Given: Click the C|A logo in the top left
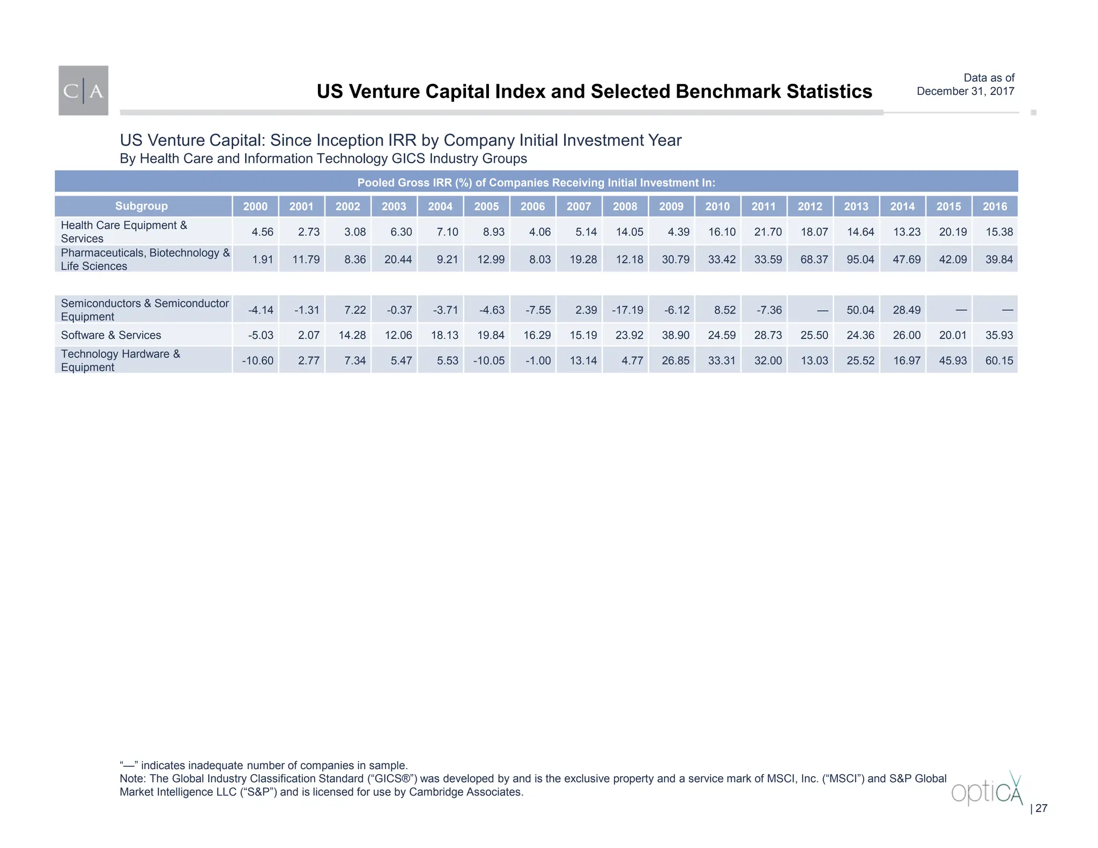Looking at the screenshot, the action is (83, 91).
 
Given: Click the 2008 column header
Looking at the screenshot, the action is (625, 206).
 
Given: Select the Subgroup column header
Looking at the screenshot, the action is (142, 206).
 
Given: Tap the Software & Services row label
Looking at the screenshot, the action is (111, 335).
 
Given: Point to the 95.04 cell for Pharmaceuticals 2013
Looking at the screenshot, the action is (860, 259).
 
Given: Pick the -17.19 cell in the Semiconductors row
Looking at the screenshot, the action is (627, 310).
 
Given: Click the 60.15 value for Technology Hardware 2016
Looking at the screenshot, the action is (999, 360).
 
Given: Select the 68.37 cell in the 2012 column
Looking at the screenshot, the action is (814, 259).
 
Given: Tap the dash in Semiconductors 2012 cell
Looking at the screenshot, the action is (822, 310).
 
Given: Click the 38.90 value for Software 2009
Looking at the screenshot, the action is (675, 335).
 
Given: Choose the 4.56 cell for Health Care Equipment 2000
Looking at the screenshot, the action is (262, 232).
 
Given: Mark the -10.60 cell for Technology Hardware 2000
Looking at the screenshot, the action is (257, 360).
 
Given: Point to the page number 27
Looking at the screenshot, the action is (1041, 808).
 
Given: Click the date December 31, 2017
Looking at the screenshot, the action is (965, 91).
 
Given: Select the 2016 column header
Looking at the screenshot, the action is (995, 206).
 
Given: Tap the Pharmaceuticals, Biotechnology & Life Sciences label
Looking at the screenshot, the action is (145, 259).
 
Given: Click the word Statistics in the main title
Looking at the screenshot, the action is (829, 92).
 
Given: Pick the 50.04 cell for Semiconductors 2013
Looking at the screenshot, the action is (860, 310).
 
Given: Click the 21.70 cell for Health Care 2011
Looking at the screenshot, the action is (768, 232).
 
